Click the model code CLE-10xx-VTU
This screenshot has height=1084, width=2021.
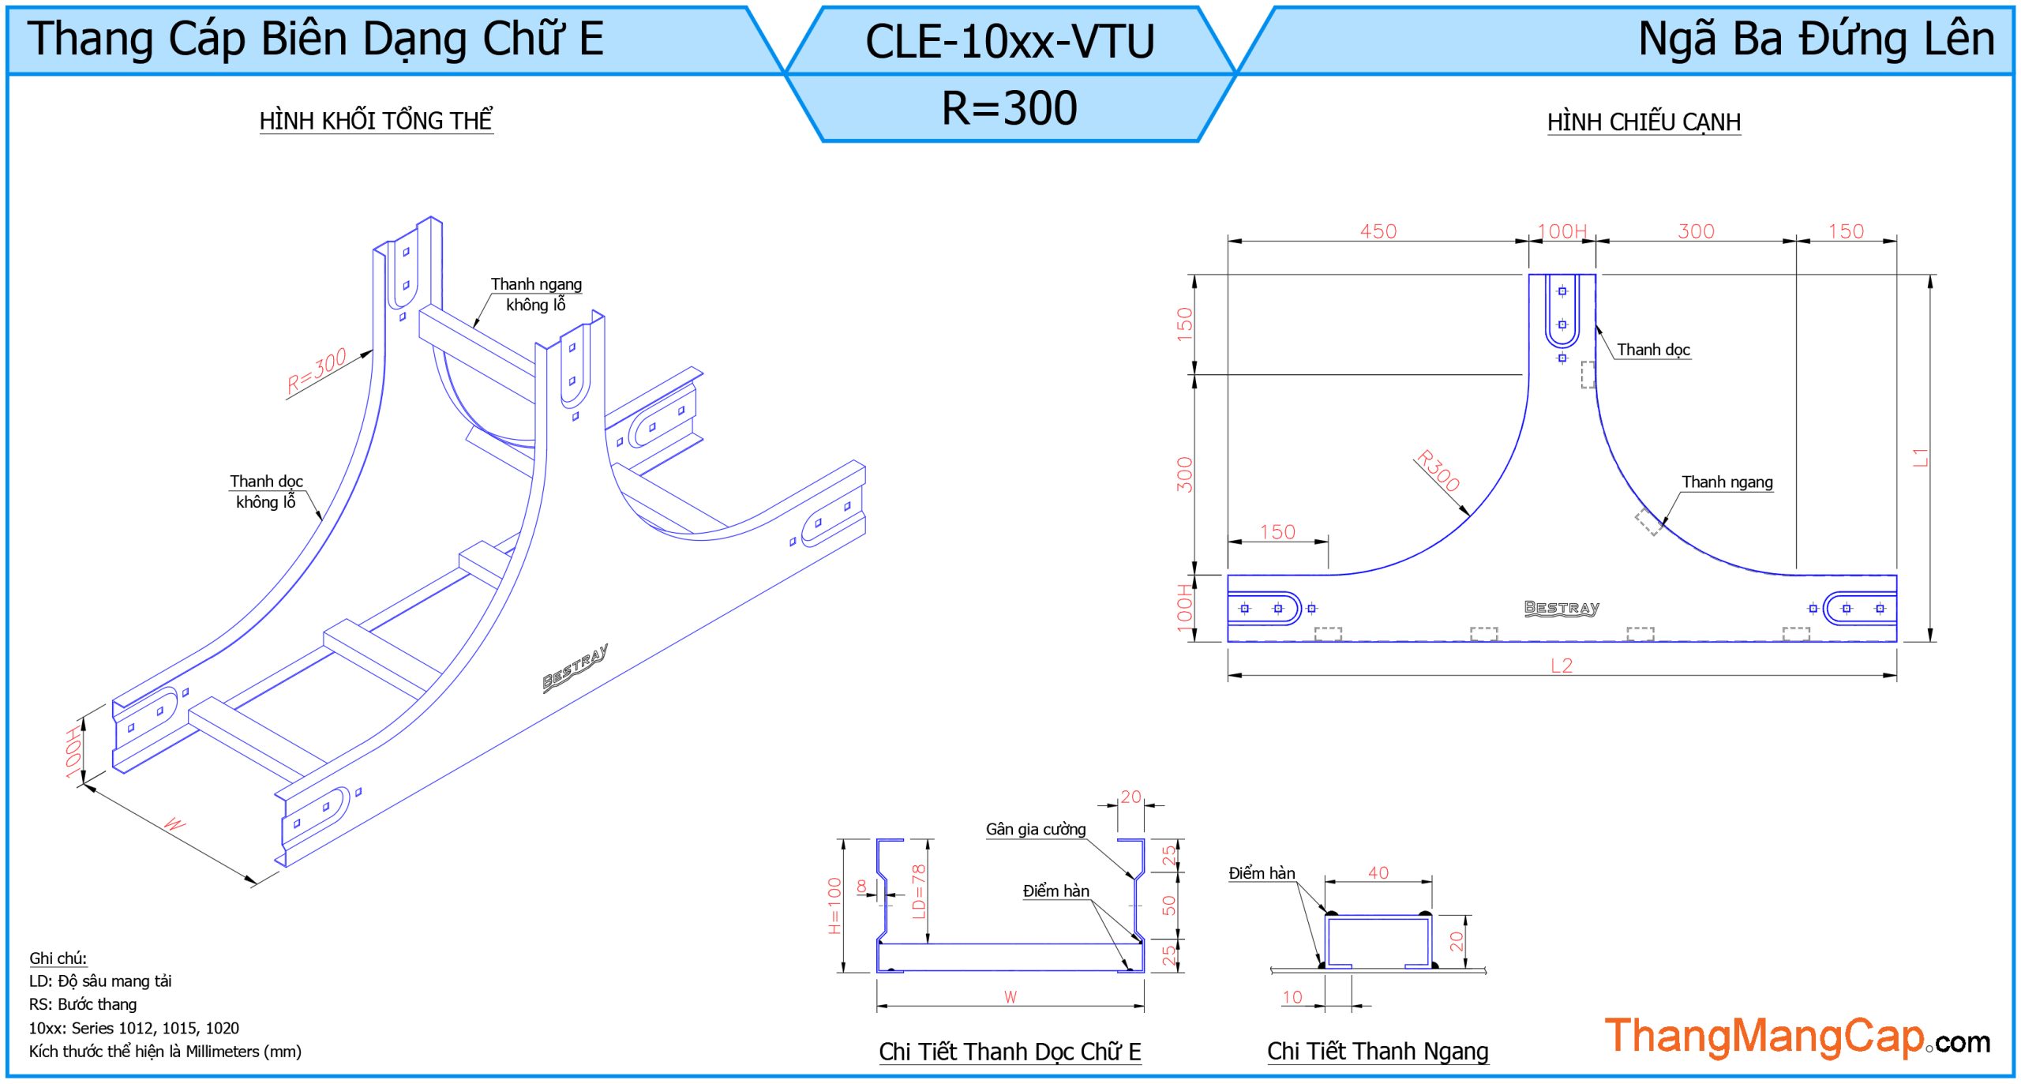click(x=1009, y=41)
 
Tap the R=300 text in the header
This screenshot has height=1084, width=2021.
click(x=1009, y=108)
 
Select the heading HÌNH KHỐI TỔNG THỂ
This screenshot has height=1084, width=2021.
click(x=376, y=121)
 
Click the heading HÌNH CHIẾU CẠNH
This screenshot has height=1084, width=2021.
click(x=1644, y=122)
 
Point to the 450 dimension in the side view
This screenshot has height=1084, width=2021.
click(x=1378, y=231)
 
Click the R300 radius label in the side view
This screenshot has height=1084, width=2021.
click(x=1438, y=471)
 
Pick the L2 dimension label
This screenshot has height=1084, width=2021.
click(x=1561, y=666)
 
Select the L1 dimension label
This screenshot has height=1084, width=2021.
click(x=1920, y=457)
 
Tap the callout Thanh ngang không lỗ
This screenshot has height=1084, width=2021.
click(x=536, y=294)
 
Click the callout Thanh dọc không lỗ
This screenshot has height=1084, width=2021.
click(x=266, y=491)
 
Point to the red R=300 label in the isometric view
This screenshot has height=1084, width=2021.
click(x=317, y=370)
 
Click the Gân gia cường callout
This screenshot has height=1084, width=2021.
click(x=1035, y=829)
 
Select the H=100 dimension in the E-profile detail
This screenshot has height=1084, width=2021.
click(x=834, y=906)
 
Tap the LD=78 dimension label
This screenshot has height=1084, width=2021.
click(x=917, y=891)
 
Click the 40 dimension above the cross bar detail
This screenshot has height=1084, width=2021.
click(x=1378, y=872)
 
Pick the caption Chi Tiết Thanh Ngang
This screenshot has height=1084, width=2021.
click(x=1378, y=1051)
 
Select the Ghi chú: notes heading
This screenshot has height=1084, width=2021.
click(x=58, y=958)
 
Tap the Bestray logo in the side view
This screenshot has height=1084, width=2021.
click(x=1561, y=607)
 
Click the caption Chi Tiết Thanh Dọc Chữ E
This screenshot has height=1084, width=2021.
click(x=1010, y=1052)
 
